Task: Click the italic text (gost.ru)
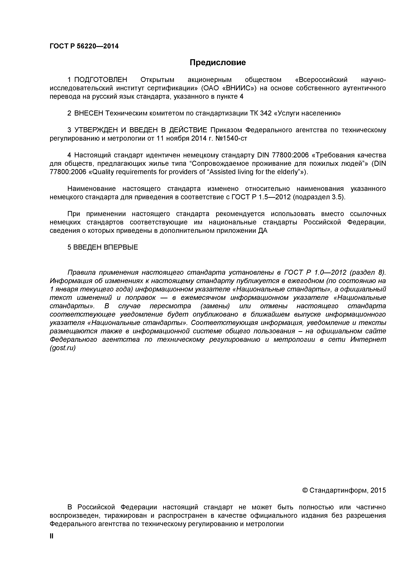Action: coord(63,348)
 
